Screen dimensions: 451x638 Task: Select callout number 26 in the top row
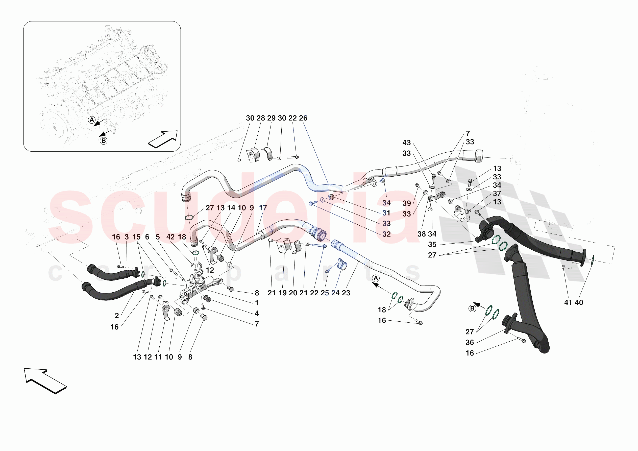pos(303,118)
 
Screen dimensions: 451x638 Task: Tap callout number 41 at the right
pos(568,302)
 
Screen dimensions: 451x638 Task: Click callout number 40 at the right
pos(579,302)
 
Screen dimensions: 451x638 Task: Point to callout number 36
pos(470,343)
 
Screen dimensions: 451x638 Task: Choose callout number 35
pos(432,244)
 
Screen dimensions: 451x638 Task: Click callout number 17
pos(263,208)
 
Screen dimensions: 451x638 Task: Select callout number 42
pos(170,237)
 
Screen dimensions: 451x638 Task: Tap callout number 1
pos(257,302)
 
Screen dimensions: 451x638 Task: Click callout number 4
pos(257,313)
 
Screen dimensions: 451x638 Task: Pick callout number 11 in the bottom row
pos(158,357)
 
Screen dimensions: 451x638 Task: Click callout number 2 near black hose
pos(117,316)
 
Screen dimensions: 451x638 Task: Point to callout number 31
pos(386,213)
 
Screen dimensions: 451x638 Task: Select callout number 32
pos(386,234)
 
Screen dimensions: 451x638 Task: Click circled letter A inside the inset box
pos(92,120)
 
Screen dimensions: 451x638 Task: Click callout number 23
pos(346,293)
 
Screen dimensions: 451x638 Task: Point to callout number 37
pos(497,194)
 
